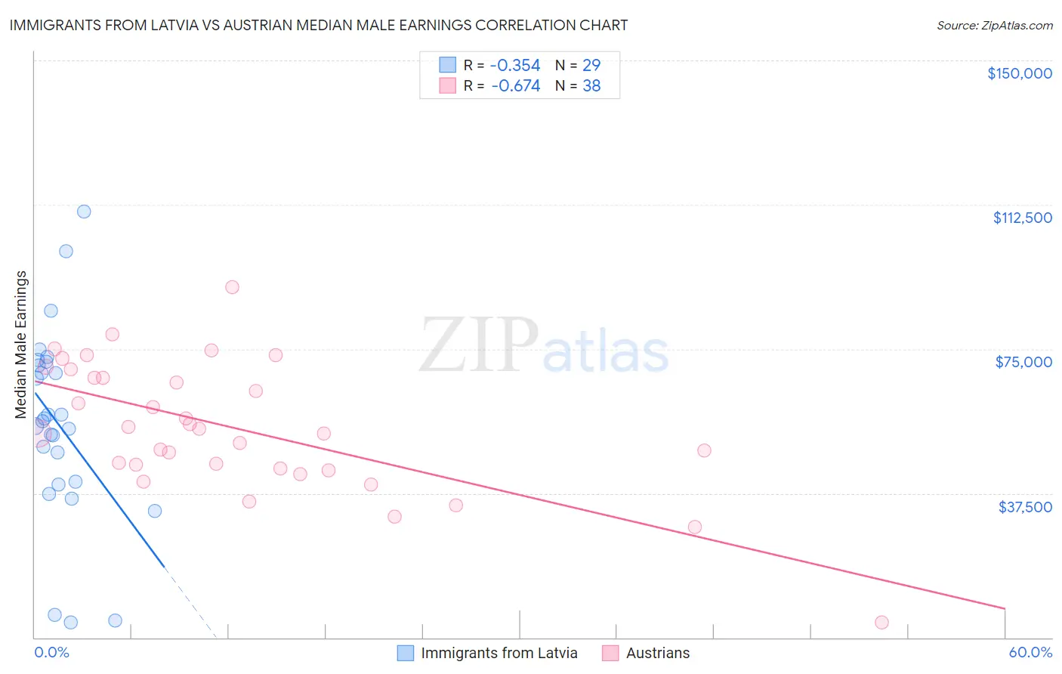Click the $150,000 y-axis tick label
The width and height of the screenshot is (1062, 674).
(x=1019, y=73)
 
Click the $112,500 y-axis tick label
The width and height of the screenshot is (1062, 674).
(x=1022, y=218)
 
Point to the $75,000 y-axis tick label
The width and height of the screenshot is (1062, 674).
(x=1023, y=362)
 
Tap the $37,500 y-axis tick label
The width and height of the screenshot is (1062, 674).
(x=1025, y=507)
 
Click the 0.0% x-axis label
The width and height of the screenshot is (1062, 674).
(x=51, y=653)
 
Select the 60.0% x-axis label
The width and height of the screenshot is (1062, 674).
(x=1030, y=653)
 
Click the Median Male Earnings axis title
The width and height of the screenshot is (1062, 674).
(x=21, y=345)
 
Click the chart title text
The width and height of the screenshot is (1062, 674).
(x=318, y=25)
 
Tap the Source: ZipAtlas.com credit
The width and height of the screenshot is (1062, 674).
(x=994, y=26)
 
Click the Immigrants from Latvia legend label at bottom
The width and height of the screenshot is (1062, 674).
(x=499, y=653)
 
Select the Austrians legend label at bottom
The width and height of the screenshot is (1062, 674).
(x=657, y=653)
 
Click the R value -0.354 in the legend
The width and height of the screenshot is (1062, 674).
(x=515, y=65)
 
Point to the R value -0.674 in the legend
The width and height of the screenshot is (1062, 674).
(x=515, y=86)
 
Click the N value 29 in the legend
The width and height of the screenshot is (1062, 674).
(x=591, y=65)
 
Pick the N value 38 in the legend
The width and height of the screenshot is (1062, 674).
(x=591, y=86)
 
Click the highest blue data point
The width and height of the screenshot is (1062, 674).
(x=84, y=212)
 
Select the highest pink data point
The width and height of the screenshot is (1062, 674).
(x=232, y=287)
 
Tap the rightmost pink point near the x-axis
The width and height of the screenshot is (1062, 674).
(x=881, y=623)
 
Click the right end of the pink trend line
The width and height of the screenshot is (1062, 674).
(x=1005, y=608)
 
